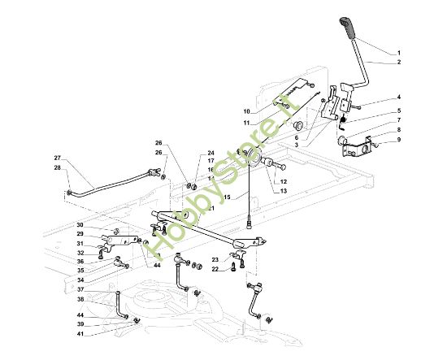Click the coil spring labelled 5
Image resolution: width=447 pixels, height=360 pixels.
point(344,124)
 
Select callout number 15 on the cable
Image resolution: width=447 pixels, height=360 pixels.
point(227,197)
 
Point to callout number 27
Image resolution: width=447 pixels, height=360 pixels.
point(58,158)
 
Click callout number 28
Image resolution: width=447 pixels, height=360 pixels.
point(58,167)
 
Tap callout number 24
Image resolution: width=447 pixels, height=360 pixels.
point(210,152)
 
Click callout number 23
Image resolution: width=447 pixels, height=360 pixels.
point(215,260)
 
